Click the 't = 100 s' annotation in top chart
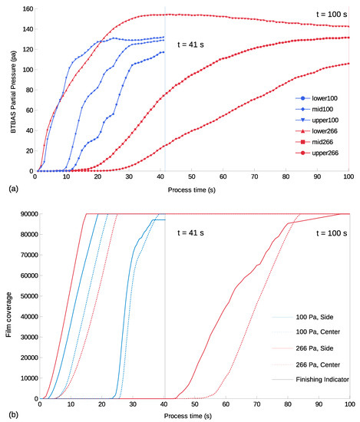330,15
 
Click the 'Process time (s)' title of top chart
191,187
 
